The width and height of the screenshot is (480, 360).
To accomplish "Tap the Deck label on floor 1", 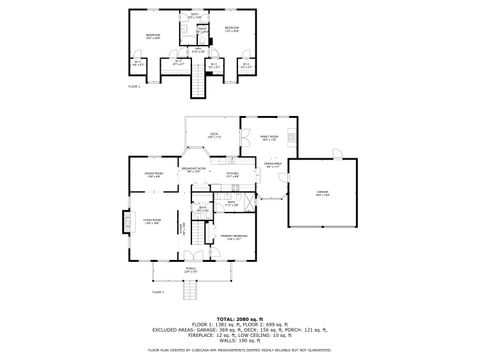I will pos(214,134).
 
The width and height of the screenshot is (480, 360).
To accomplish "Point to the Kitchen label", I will pos(231,175).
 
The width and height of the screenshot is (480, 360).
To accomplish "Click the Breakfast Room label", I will pos(193,169).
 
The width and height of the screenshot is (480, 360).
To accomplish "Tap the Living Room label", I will pos(151,222).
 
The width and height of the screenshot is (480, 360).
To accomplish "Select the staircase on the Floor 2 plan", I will pos(198,88).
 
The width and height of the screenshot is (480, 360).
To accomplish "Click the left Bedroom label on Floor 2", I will pos(152,36).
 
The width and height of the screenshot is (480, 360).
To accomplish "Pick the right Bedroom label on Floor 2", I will pos(232,28).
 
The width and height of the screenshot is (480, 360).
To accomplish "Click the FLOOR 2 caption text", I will pos(134,87).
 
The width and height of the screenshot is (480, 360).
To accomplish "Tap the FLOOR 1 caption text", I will pos(157,292).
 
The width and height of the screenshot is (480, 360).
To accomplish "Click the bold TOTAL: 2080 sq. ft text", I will pos(240,316).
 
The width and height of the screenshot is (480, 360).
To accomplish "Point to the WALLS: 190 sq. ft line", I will pos(240,340).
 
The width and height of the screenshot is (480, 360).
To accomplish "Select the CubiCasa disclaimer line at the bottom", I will pos(240,351).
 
